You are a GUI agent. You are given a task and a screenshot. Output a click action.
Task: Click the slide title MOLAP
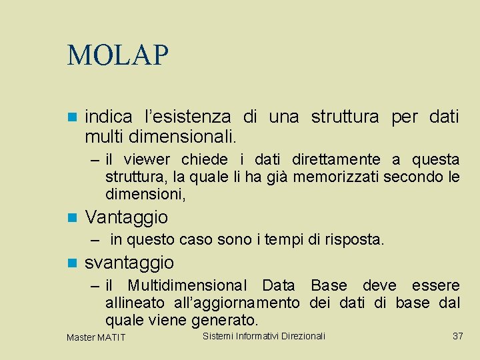point(118,55)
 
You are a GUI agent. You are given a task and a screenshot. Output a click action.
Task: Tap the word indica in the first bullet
point(108,117)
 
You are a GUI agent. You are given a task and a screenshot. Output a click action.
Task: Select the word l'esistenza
point(188,117)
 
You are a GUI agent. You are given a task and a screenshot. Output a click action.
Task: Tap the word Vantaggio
point(127,217)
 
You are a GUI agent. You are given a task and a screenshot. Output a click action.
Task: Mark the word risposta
point(355,239)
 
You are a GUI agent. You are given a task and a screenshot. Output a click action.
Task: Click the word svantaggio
point(129,262)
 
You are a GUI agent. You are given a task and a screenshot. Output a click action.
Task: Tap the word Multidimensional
point(187,285)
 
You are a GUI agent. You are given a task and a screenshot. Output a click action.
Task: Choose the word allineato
point(133,303)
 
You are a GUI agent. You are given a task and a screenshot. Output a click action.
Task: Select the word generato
point(224,321)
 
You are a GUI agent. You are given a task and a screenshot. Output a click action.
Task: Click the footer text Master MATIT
point(96,337)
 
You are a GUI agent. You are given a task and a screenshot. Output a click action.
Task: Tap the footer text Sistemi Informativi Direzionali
point(263,336)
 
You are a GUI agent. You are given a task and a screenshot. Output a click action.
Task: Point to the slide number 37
point(457,336)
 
